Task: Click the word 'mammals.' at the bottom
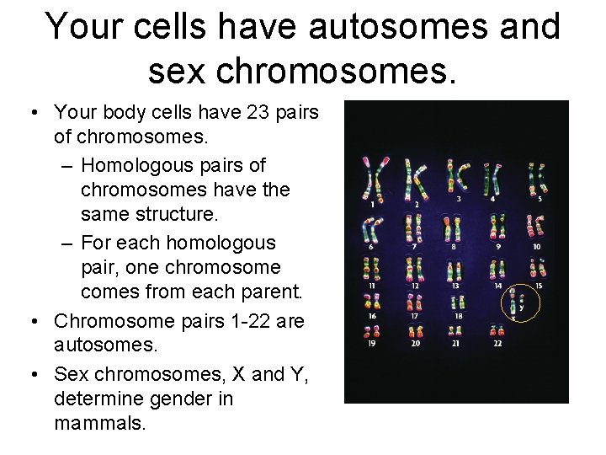100,422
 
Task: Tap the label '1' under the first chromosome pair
371,205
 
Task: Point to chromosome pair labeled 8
454,227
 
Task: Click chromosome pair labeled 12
414,270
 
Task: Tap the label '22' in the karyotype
497,344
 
